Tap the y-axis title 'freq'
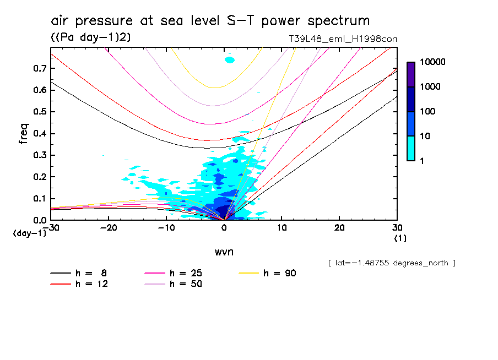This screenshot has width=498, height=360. (x=23, y=134)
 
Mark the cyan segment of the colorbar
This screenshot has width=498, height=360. (x=411, y=148)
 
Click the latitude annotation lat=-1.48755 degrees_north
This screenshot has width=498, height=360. (x=392, y=263)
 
